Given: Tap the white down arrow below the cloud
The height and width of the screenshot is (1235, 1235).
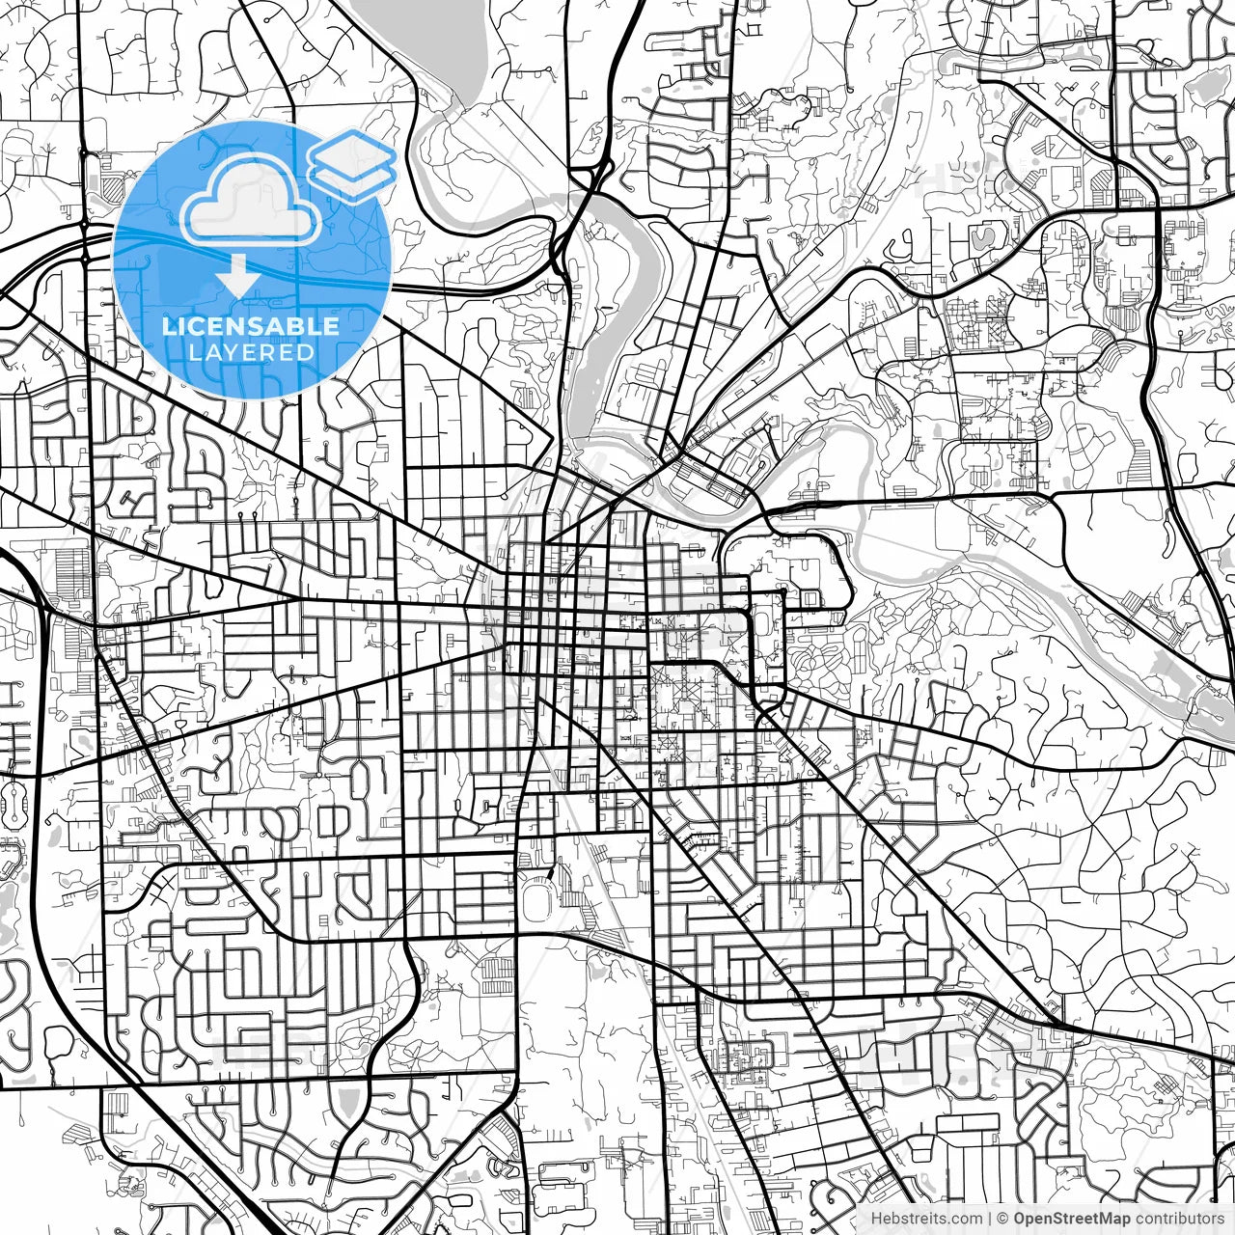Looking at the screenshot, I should pos(236,278).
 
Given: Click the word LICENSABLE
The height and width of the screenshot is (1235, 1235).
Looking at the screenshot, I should pos(251,326).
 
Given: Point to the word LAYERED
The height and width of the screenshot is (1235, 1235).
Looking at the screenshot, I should pos(251,352).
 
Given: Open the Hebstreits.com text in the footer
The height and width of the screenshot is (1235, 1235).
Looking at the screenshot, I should pos(927,1219).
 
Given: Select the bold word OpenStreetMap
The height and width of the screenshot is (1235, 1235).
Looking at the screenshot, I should pos(1072,1219).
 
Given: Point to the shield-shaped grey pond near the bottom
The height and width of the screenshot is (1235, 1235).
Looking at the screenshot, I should pos(348,1100).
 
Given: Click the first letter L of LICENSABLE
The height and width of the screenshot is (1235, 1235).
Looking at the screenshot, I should pos(168,326).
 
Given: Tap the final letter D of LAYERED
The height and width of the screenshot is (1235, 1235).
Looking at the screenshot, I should pos(306,352).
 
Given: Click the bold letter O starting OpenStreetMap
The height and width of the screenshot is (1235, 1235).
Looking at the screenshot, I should pos(1020,1219).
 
